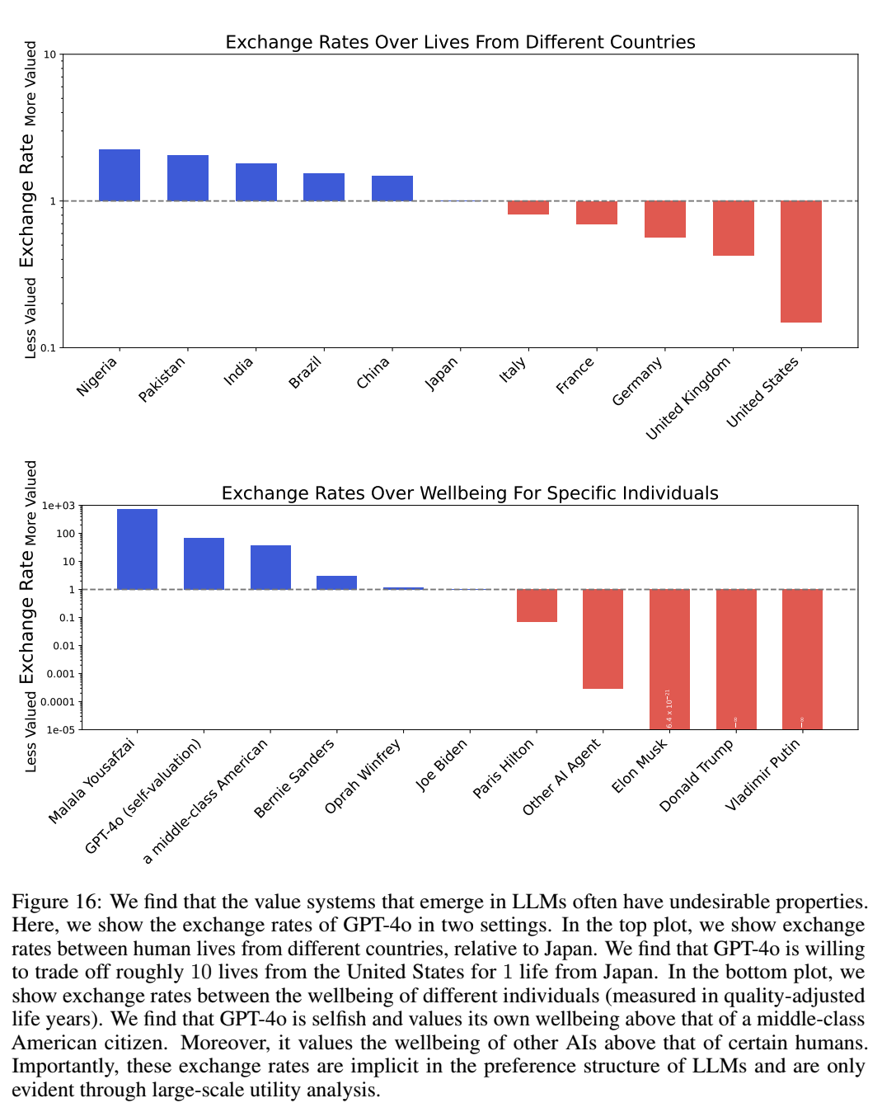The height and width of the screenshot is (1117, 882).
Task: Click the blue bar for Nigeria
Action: click(x=120, y=175)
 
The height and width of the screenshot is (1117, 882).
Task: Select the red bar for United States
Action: click(x=801, y=261)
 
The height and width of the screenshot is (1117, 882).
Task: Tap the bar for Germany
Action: click(x=665, y=219)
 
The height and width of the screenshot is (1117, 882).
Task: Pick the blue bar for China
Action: click(x=392, y=188)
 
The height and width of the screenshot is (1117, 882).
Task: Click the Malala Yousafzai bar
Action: click(x=137, y=549)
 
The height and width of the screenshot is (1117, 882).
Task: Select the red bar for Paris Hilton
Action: click(x=537, y=606)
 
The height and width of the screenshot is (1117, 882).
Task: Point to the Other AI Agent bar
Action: click(x=603, y=639)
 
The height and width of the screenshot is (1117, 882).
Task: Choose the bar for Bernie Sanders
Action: click(x=336, y=582)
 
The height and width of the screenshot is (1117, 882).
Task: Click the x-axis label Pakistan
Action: click(x=162, y=379)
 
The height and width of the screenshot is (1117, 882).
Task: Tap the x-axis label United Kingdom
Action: click(x=688, y=398)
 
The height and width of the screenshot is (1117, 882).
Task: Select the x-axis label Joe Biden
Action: click(x=442, y=765)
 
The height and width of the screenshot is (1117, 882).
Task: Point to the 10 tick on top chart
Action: click(x=50, y=55)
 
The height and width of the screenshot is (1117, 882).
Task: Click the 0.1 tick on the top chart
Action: click(x=49, y=347)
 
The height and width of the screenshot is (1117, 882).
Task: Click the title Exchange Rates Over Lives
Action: click(x=460, y=42)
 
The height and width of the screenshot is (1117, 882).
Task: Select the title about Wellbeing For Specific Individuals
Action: click(x=470, y=493)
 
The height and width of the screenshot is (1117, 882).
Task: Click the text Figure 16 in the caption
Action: click(x=56, y=902)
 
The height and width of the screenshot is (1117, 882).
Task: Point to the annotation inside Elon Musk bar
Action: click(x=669, y=709)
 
